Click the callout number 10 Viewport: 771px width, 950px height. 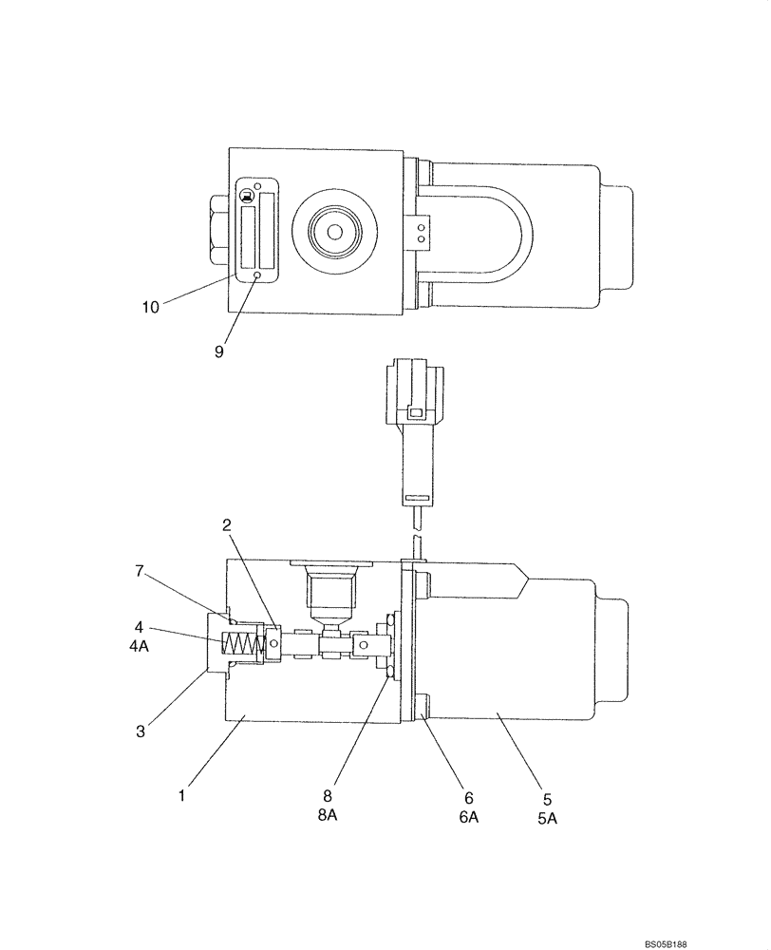coord(151,307)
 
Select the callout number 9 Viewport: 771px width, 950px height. coord(218,351)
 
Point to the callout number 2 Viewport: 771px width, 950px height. coord(227,524)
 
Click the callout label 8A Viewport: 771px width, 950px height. coord(328,818)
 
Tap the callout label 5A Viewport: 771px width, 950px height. coord(546,818)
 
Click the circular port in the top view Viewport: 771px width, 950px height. coord(336,232)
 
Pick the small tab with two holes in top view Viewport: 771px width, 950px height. coord(421,232)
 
